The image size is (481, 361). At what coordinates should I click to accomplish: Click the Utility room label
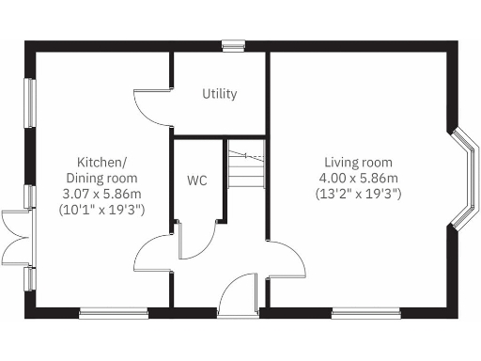[220, 94]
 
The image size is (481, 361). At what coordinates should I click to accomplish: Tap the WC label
[197, 179]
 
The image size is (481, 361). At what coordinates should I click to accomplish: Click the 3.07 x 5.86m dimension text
[101, 194]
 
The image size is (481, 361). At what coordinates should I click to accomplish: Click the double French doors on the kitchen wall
[16, 237]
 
